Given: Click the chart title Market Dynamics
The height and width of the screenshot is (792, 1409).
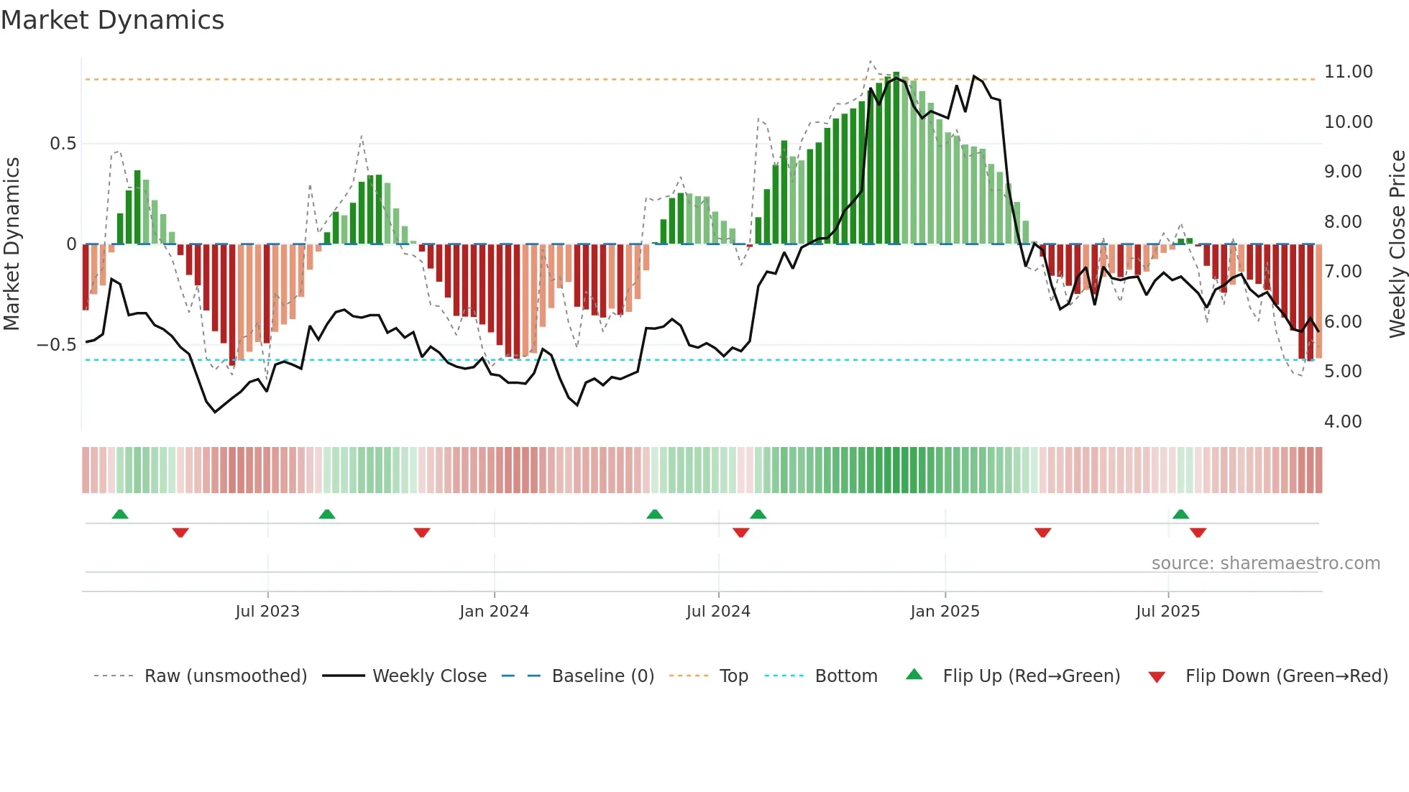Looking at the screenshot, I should [112, 20].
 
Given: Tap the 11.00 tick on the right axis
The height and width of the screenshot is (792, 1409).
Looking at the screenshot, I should [1348, 72].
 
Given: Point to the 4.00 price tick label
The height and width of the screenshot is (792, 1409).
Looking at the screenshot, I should [1342, 422].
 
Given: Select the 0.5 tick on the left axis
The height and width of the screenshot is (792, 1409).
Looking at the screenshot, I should [63, 144].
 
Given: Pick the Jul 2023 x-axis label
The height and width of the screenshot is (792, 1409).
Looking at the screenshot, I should [267, 612].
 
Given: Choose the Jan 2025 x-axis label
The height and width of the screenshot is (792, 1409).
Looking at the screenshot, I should [944, 612].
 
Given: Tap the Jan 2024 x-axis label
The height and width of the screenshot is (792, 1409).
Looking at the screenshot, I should [494, 612].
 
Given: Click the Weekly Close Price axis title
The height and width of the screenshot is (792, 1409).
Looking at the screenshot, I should [1397, 244].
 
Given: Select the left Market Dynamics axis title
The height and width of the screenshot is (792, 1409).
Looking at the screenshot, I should [12, 244].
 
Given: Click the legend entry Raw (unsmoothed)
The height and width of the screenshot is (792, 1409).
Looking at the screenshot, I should [225, 676].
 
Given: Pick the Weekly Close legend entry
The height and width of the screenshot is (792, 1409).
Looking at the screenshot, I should [429, 676].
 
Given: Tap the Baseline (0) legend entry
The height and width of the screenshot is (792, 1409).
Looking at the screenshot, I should [602, 676].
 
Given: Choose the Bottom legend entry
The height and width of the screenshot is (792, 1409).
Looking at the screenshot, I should [845, 676].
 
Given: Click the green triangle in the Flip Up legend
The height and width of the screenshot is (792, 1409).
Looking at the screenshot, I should [914, 674].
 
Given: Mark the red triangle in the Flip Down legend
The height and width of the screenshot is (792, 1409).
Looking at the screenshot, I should [1157, 677].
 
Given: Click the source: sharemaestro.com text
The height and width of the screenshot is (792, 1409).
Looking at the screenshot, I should [1265, 563].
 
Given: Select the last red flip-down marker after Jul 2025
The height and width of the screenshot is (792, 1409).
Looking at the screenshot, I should [1198, 533].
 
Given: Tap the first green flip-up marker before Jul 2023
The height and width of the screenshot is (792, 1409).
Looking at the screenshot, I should [120, 514].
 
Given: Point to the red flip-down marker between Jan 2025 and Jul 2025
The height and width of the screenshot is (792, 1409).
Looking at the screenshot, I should [1042, 533].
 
